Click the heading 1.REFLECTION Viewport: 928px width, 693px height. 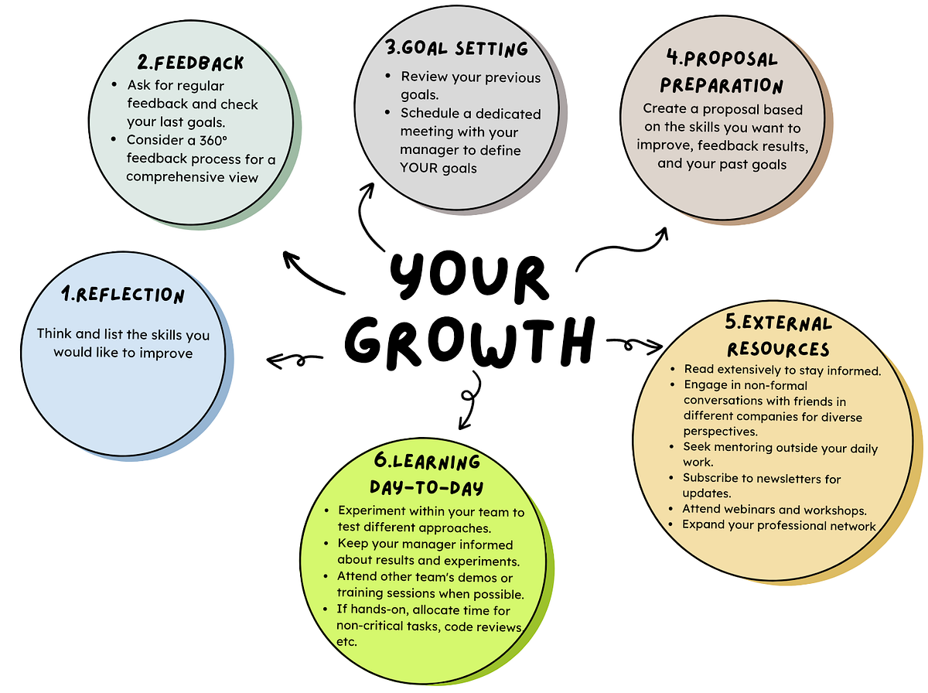[x=124, y=295]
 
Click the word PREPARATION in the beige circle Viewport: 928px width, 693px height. [x=722, y=84]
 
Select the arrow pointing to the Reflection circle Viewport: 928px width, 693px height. [x=294, y=360]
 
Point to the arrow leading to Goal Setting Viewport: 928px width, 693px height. [x=370, y=217]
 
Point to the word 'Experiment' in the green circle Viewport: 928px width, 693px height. [x=374, y=512]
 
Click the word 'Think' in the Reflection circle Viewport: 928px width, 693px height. [x=53, y=334]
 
